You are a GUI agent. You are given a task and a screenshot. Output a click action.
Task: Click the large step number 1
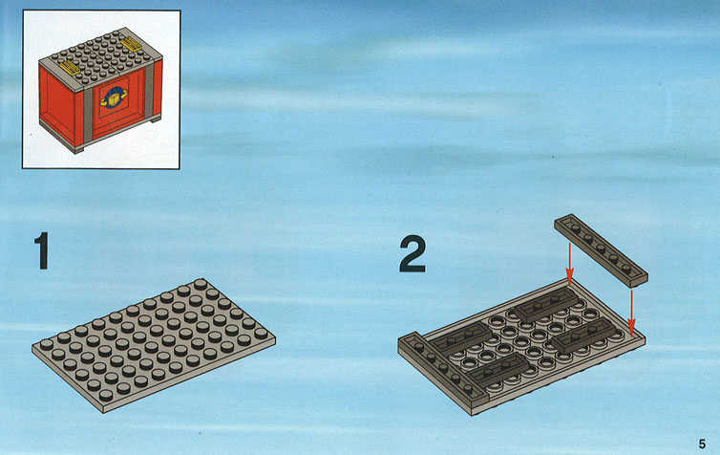[42, 250]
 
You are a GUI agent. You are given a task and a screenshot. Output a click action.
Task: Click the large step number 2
[413, 253]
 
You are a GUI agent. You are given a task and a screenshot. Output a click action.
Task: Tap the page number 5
[702, 444]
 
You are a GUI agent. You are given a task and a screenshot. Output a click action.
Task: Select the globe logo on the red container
[114, 98]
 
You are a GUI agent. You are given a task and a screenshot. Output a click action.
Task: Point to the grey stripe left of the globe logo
[88, 113]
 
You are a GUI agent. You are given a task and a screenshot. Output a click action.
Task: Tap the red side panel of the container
[56, 106]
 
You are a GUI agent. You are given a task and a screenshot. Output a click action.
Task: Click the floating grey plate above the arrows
[601, 250]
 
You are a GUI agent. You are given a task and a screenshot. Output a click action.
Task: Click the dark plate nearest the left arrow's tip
[546, 305]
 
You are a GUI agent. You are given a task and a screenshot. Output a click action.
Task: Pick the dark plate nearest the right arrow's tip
[583, 336]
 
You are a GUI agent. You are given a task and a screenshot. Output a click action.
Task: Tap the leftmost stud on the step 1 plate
[47, 344]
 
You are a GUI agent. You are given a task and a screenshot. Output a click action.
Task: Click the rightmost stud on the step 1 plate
[261, 334]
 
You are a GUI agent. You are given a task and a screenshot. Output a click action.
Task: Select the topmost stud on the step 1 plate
[201, 284]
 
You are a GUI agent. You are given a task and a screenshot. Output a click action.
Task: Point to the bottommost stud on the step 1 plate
[106, 395]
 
